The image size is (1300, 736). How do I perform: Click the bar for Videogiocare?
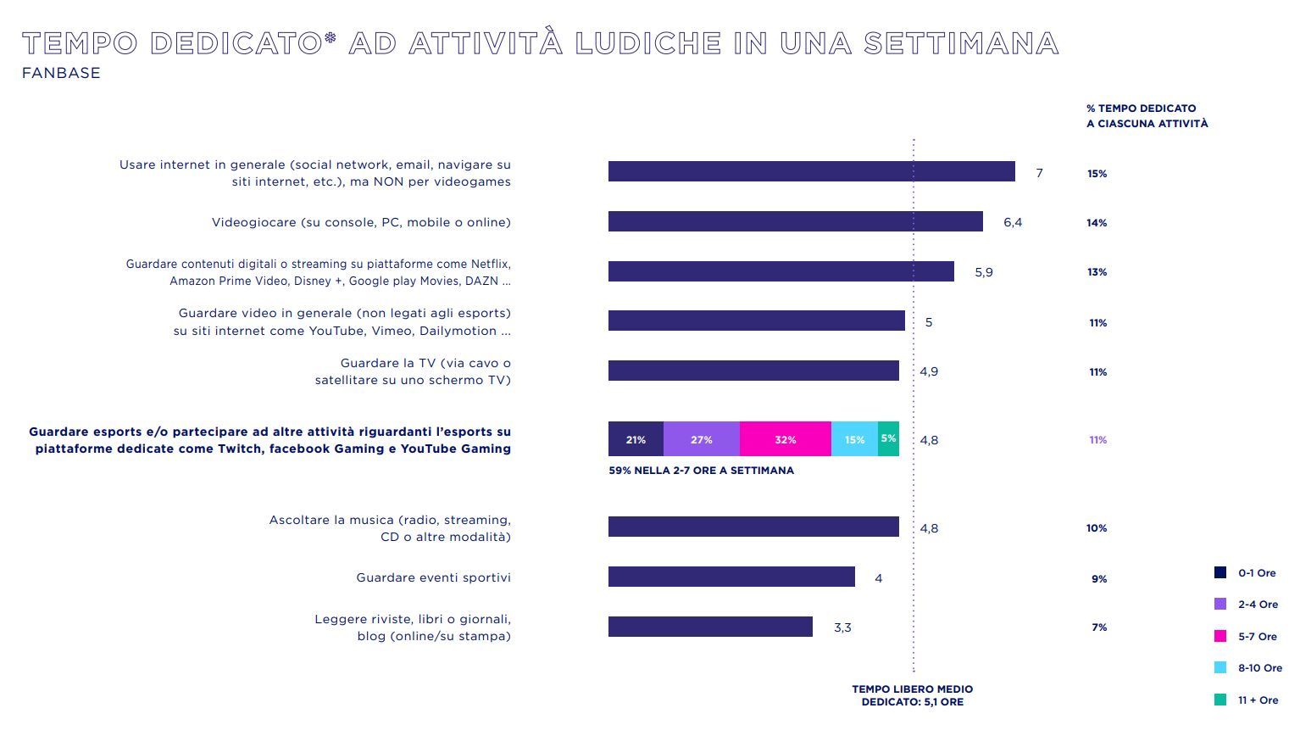click(x=795, y=222)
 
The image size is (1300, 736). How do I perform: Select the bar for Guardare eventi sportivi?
click(x=731, y=577)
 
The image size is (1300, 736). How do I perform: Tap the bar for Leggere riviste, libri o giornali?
click(x=710, y=627)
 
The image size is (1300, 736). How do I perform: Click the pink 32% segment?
click(x=785, y=439)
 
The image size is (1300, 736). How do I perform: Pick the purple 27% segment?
click(x=701, y=439)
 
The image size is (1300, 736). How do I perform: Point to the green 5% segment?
click(x=888, y=439)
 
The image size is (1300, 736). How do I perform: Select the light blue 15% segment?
click(x=854, y=439)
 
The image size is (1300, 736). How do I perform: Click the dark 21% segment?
click(x=636, y=439)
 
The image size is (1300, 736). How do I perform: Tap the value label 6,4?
click(x=1013, y=222)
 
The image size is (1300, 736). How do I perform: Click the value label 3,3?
click(x=842, y=627)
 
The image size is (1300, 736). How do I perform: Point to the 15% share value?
click(x=1097, y=174)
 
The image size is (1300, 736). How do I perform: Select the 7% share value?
click(x=1099, y=627)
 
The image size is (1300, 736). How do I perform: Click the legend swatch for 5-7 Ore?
click(x=1220, y=636)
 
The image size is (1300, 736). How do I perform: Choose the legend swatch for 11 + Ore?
click(x=1220, y=700)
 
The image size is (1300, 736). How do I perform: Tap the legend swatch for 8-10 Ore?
click(x=1220, y=667)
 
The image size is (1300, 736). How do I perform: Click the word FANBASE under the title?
click(x=61, y=73)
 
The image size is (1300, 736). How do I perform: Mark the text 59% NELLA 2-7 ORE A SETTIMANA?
click(x=701, y=471)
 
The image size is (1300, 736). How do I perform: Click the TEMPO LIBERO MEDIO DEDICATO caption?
click(x=912, y=695)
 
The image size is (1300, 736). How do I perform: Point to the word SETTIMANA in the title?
click(x=961, y=43)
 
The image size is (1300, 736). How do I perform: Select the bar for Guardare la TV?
click(x=753, y=371)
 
